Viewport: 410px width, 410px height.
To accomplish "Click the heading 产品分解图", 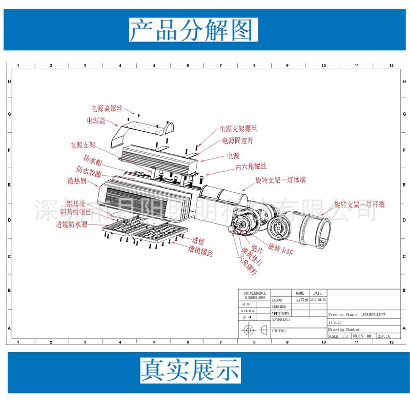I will click(x=191, y=29).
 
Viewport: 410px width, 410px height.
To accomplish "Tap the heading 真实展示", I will click(x=191, y=370).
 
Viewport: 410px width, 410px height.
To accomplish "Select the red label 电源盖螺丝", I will click(x=107, y=108).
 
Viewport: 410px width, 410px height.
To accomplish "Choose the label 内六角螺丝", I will click(x=251, y=167).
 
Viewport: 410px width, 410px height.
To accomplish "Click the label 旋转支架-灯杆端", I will click(x=359, y=204).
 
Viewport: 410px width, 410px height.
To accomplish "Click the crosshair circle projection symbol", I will click(x=249, y=329).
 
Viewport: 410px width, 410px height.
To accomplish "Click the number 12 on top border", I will click(x=391, y=66).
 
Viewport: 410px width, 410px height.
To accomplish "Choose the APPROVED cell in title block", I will click(x=280, y=313).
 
